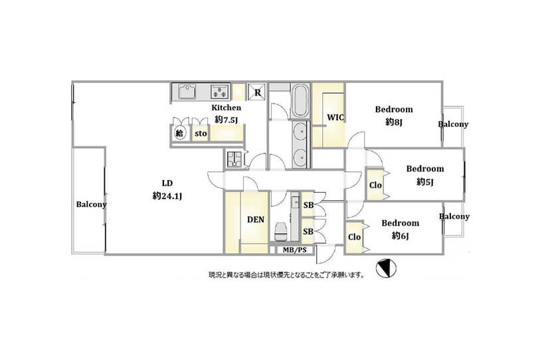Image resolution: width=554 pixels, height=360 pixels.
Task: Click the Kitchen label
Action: point(226,108)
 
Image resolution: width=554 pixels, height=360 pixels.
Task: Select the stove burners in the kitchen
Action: point(220,92)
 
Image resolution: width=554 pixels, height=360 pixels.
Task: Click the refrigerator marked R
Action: point(258,92)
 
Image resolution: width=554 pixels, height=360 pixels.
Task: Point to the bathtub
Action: point(300,100)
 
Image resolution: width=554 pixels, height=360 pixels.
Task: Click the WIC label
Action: point(335,118)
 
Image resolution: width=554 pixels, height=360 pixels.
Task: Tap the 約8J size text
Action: point(394,122)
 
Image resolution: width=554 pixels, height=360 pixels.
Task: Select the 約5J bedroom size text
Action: point(424,182)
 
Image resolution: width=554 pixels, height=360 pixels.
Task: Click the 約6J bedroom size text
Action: point(401,236)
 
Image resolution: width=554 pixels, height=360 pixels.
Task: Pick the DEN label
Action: point(256,220)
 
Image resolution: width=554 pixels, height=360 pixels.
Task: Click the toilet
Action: point(280,231)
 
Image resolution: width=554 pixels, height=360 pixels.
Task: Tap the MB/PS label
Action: point(295,250)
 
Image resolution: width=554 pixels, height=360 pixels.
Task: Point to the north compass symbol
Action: point(386,268)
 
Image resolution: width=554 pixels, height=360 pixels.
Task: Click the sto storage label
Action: point(201,134)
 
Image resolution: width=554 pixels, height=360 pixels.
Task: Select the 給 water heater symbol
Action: point(179,134)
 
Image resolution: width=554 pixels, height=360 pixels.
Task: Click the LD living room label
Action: point(167,183)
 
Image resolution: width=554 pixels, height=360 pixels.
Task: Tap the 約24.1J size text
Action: point(167,196)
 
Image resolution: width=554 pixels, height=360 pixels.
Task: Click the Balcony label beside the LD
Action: point(91,204)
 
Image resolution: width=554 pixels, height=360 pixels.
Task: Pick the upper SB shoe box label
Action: point(308,205)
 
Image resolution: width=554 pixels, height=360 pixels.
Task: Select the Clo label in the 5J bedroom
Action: point(375,185)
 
